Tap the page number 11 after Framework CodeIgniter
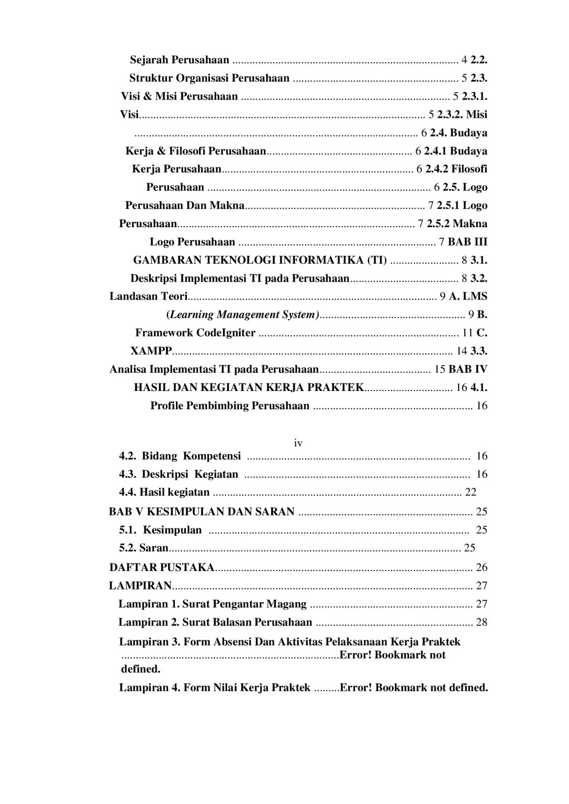pyautogui.click(x=468, y=333)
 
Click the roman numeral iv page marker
pyautogui.click(x=298, y=443)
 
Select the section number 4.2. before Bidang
pyautogui.click(x=128, y=456)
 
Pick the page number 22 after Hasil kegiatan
pyautogui.click(x=471, y=492)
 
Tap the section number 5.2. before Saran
pyautogui.click(x=128, y=548)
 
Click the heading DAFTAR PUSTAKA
pyautogui.click(x=162, y=567)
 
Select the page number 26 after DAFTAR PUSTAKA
pyautogui.click(x=482, y=567)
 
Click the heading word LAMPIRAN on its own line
pyautogui.click(x=140, y=585)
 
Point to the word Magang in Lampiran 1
pyautogui.click(x=286, y=604)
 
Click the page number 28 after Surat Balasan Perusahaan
pyautogui.click(x=482, y=622)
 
